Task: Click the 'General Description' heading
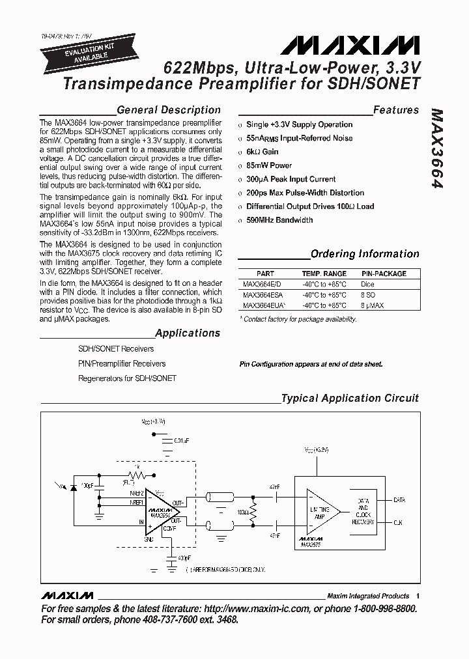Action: (168, 110)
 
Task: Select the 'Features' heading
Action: (396, 110)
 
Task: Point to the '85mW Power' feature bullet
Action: (268, 165)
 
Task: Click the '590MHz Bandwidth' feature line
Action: (279, 220)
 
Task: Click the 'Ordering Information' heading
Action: (365, 254)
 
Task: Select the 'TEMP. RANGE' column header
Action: (324, 274)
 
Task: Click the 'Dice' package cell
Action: (367, 285)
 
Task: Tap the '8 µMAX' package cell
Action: (373, 305)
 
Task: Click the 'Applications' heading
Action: (188, 333)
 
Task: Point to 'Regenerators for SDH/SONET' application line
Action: (127, 378)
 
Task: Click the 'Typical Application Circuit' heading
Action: (349, 398)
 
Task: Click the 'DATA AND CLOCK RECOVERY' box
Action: (363, 511)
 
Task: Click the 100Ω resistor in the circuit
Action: (254, 512)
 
